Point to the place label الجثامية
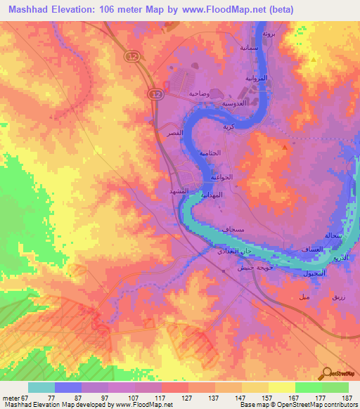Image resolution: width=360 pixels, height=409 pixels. [220, 152]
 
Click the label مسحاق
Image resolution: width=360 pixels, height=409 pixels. [233, 229]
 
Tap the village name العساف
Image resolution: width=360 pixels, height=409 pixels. [311, 249]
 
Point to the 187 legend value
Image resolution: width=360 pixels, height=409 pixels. [346, 398]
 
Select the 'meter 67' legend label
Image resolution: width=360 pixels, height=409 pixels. [15, 398]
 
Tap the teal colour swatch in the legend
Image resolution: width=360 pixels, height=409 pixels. [41, 387]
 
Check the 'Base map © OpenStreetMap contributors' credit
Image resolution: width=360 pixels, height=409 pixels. [297, 405]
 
